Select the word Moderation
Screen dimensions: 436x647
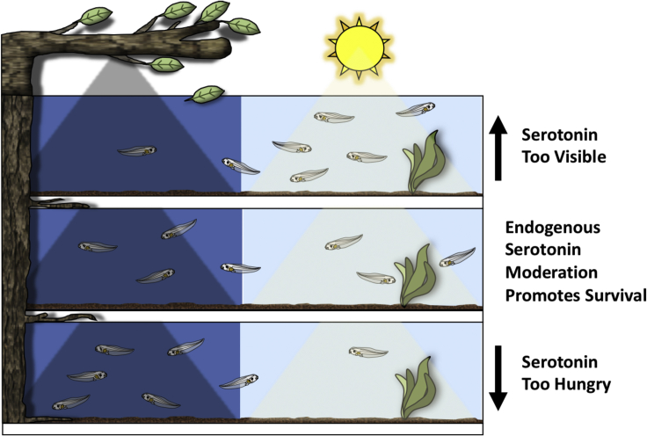pyautogui.click(x=552, y=272)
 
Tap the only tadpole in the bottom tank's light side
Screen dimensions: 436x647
pyautogui.click(x=368, y=352)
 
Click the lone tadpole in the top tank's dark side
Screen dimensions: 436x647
pyautogui.click(x=136, y=151)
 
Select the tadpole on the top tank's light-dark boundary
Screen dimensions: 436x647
pyautogui.click(x=240, y=165)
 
